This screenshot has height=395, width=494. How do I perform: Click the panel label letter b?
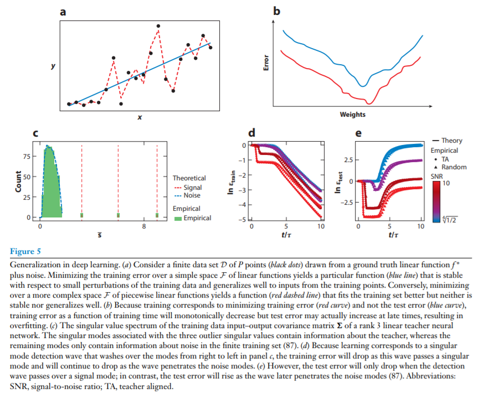coord(277,11)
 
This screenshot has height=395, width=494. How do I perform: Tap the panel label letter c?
coord(35,133)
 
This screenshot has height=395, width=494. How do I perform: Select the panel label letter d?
coord(252,133)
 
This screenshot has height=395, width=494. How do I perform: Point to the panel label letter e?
coord(358,133)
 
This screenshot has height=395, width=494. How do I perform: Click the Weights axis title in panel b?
coord(352,115)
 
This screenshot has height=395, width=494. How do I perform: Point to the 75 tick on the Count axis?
coord(26,157)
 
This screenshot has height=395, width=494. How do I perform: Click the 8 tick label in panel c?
coord(144,227)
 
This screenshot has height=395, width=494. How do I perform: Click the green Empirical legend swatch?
coord(177,218)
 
